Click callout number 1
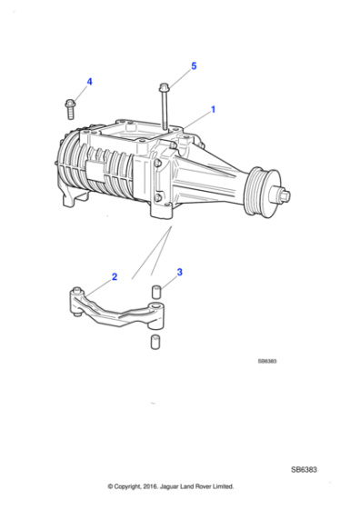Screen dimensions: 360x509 [213, 109]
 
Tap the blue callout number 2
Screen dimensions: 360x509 [114, 275]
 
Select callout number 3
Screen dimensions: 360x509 [180, 271]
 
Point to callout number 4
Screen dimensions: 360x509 [89, 83]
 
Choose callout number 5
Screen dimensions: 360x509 [194, 66]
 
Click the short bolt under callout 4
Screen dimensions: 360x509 [71, 106]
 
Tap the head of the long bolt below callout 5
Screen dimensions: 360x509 [163, 87]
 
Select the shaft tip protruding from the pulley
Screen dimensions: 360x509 [286, 194]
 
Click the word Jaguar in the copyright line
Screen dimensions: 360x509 [175, 486]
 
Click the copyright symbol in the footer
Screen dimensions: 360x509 [110, 486]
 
